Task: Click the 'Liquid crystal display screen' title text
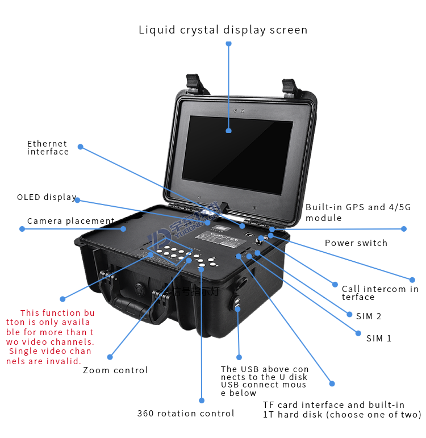point(223,30)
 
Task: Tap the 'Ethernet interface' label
point(48,148)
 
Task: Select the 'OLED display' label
point(47,197)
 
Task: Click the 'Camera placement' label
point(70,221)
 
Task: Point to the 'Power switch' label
point(356,243)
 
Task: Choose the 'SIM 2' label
point(369,316)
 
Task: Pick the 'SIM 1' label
point(379,339)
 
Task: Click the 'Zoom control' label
point(115,370)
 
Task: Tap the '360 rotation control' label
point(186,414)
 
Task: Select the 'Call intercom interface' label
point(379,293)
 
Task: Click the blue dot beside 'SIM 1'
point(358,333)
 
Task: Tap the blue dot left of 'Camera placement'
point(22,229)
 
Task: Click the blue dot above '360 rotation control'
point(202,399)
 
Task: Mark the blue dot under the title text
point(228,43)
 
